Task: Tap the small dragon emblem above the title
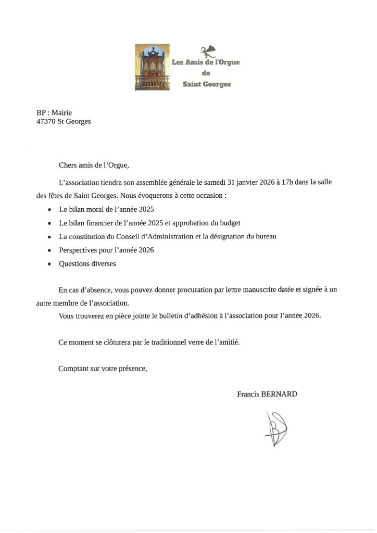tap(209, 51)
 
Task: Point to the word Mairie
tap(61, 112)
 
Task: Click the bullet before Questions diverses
tap(49, 264)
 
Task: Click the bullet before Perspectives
tap(49, 250)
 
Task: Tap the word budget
tap(229, 223)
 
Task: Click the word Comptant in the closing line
tap(73, 369)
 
